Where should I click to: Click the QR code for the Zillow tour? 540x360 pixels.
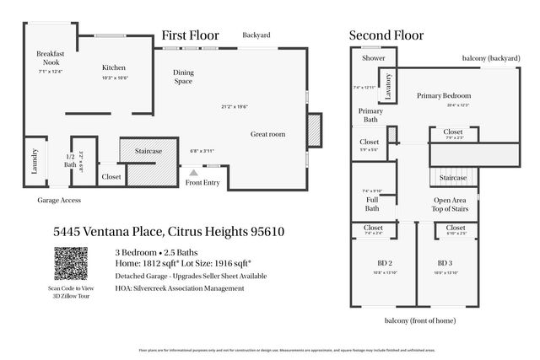pos(71,263)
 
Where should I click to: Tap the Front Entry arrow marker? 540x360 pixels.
pos(193,172)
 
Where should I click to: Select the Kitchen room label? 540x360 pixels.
pos(114,67)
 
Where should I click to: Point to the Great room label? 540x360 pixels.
pos(267,134)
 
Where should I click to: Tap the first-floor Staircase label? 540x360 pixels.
pos(148,150)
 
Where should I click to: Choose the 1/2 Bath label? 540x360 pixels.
pos(71,160)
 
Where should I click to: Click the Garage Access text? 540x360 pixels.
pos(58,201)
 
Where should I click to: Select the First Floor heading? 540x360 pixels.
pos(190,35)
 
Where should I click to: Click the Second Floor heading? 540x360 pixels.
pos(386,35)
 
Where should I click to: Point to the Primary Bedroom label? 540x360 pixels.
pos(443,95)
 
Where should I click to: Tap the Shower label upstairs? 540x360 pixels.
pos(373,59)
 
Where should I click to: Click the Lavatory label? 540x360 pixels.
pos(388,86)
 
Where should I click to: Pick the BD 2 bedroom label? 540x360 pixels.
pos(373,262)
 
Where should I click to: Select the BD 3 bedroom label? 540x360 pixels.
pos(444,262)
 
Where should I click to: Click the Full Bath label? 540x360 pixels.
pos(372,203)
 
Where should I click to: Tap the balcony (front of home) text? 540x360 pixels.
pos(421,321)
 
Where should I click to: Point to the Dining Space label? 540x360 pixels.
pos(184,77)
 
